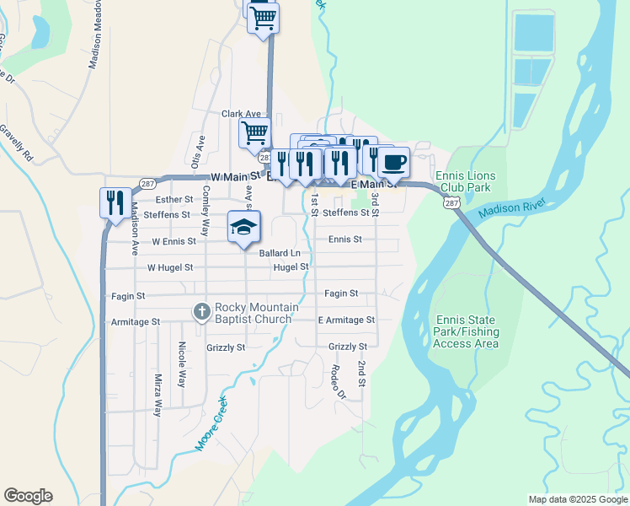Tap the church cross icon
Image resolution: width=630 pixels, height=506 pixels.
201,312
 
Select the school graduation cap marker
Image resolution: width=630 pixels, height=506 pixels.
244,227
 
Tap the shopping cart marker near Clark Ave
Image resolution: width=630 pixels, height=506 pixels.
254,133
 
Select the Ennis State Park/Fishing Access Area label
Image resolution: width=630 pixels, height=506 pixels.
467,331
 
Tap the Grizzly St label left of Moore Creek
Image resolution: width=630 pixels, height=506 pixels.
226,347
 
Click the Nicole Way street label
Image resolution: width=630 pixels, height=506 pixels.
181,364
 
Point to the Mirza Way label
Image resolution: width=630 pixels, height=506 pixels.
157,396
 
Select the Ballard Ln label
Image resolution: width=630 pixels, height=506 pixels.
280,253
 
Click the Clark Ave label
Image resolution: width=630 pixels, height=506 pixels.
242,114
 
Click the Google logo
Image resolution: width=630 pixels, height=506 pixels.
28,496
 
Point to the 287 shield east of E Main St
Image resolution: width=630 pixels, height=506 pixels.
451,202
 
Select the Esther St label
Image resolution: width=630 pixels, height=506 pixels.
175,200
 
